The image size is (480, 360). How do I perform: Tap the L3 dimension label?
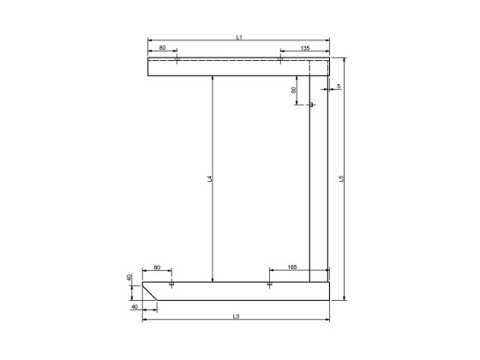tap(236, 316)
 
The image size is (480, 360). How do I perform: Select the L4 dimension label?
tap(209, 180)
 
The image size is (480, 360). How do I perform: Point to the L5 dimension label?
tap(341, 179)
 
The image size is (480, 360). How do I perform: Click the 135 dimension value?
tap(304, 49)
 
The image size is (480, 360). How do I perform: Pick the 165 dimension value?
tap(292, 268)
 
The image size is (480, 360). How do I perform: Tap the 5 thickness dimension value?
tap(339, 87)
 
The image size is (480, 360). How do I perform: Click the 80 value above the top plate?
tap(161, 49)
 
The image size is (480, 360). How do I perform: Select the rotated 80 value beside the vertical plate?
tap(294, 89)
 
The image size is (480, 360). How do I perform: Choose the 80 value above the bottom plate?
tap(157, 268)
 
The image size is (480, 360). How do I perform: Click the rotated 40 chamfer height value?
tap(129, 278)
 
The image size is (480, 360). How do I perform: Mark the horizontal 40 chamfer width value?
tap(135, 306)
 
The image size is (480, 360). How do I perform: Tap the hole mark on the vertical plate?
tap(311, 105)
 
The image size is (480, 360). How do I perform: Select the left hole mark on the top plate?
tap(175, 59)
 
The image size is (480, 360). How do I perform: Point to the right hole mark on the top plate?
tap(280, 59)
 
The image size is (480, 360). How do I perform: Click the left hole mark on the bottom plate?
tap(172, 283)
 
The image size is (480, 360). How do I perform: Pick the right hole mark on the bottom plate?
tap(270, 283)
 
